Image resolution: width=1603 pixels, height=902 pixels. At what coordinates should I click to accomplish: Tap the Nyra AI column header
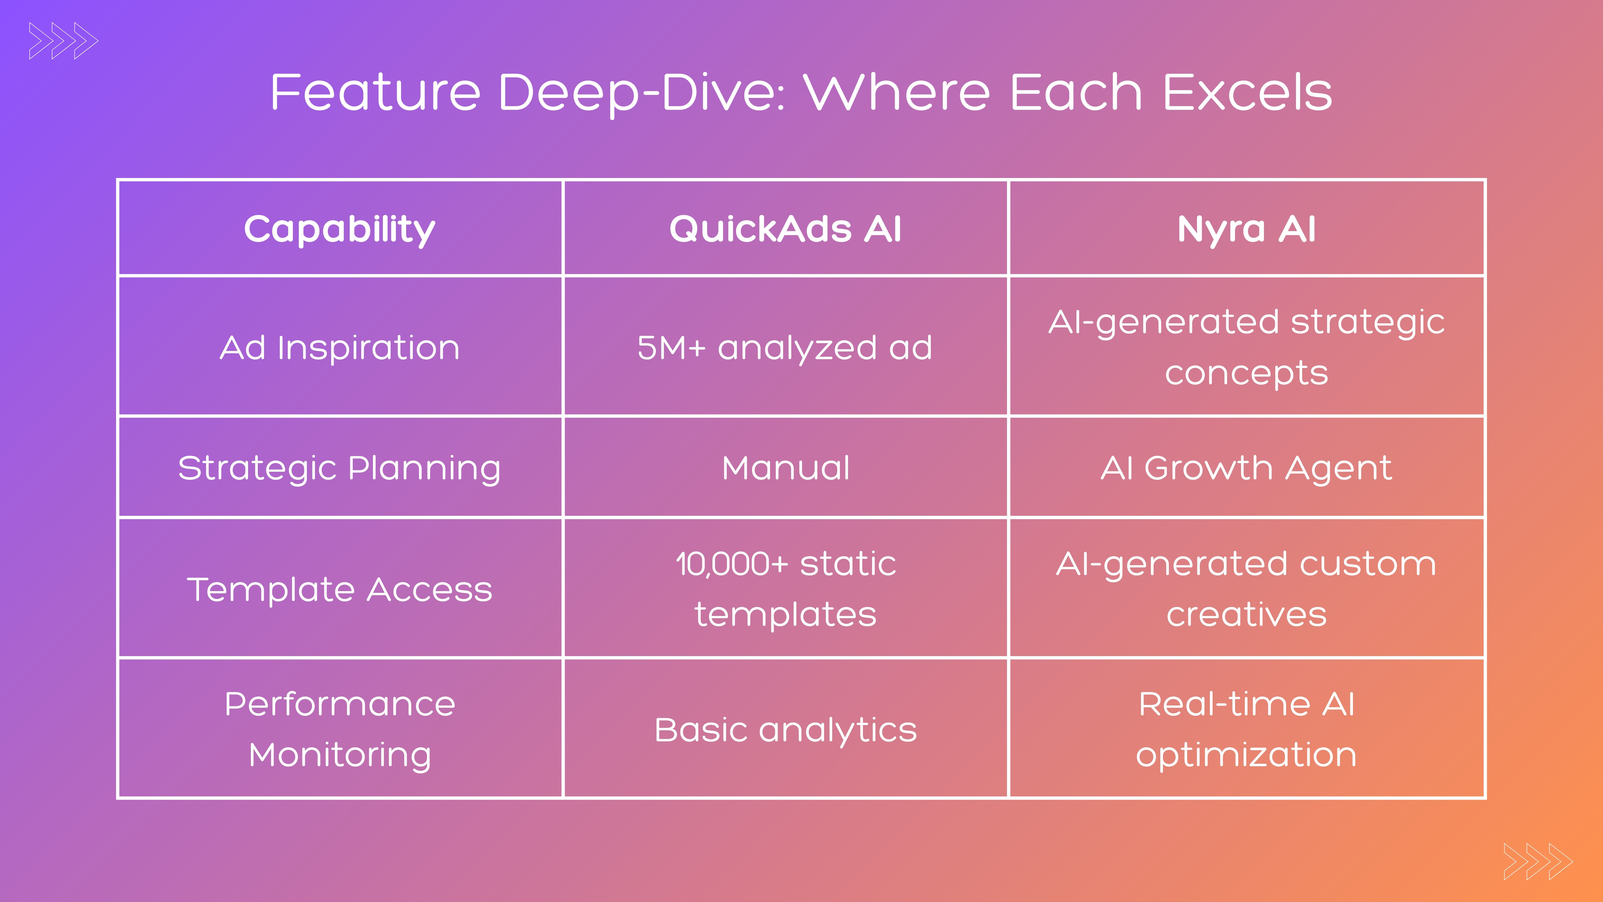pos(1246,229)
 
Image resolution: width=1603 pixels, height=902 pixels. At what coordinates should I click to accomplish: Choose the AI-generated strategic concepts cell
pos(1246,347)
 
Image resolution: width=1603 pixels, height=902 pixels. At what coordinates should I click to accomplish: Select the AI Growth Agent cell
pos(1246,467)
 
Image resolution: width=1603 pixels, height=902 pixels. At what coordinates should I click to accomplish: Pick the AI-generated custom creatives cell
pos(1246,589)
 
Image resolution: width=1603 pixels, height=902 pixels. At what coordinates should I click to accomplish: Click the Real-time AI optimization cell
pos(1246,729)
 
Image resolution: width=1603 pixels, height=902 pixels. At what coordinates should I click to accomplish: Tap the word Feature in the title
pos(375,92)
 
